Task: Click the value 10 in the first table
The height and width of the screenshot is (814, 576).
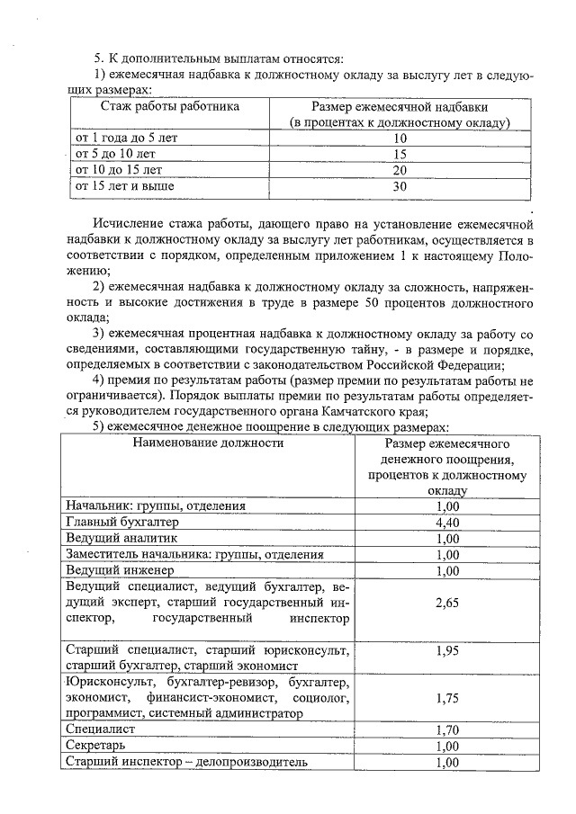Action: [x=400, y=139]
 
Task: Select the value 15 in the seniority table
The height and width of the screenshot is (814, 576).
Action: [x=400, y=154]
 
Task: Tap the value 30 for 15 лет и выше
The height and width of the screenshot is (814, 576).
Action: [x=400, y=186]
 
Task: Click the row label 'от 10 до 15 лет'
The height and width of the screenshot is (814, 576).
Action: [x=118, y=169]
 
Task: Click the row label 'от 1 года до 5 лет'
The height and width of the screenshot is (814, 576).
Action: [x=127, y=138]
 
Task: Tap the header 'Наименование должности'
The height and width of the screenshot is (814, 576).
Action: [x=207, y=443]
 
